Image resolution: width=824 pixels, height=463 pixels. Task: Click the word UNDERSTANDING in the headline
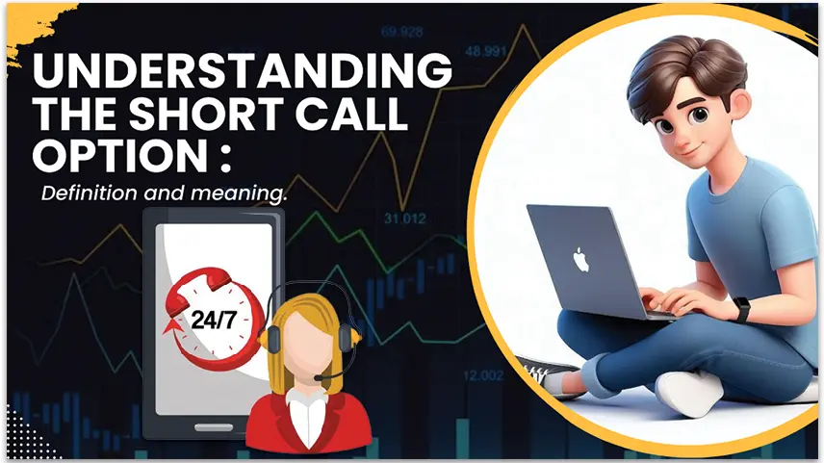(x=243, y=70)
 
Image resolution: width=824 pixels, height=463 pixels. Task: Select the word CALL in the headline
(x=351, y=113)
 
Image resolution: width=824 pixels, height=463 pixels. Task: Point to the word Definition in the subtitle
(x=90, y=193)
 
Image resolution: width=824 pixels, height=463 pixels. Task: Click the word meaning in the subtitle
(x=239, y=193)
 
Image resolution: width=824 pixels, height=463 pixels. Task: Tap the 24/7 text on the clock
(x=214, y=320)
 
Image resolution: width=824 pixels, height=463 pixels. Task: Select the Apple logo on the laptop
(x=580, y=260)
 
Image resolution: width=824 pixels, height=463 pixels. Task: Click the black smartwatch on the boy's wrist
(x=741, y=310)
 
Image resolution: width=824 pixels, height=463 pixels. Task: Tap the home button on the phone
(x=214, y=427)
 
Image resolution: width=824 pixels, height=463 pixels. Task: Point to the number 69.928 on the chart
(x=402, y=32)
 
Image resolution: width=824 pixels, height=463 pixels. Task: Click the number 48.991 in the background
(x=485, y=51)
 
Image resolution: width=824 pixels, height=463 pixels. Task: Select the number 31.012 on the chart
(x=404, y=219)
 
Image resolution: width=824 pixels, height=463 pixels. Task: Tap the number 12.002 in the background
(x=483, y=375)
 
